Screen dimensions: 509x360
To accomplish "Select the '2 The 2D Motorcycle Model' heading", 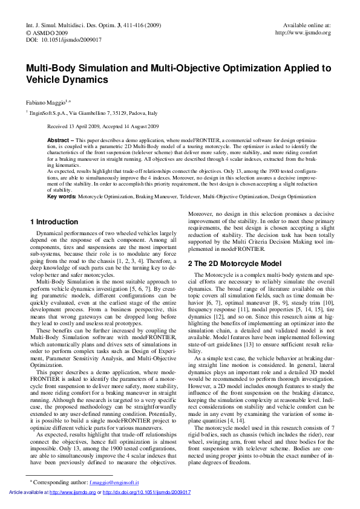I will [x=235, y=264].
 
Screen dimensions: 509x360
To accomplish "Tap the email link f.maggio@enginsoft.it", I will [x=114, y=483].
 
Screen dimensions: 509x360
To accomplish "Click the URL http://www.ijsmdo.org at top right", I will [x=303, y=33].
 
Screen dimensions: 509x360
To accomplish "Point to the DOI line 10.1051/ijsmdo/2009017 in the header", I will [x=64, y=39].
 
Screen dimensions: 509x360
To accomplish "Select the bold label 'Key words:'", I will [x=61, y=196].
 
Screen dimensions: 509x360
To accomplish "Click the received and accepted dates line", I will [x=103, y=126].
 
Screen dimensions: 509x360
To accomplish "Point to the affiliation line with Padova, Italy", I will [x=94, y=113].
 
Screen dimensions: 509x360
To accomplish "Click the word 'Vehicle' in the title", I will [x=45, y=79].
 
